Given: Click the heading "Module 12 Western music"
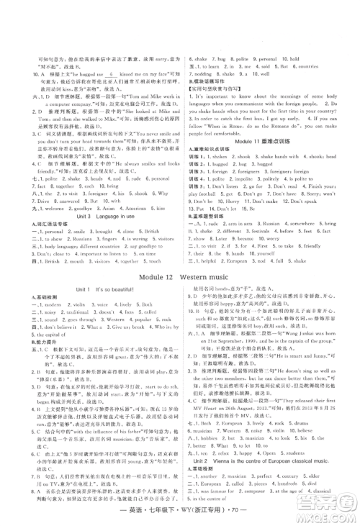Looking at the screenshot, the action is tap(179, 274).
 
